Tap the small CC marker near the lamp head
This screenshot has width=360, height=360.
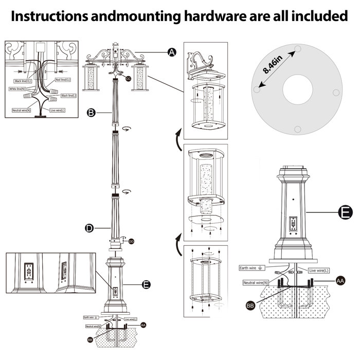128,78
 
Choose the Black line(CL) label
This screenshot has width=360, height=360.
23,81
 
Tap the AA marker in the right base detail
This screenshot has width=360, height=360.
340,281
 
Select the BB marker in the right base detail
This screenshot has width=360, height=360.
250,305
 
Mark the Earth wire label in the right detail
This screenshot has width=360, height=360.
250,268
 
